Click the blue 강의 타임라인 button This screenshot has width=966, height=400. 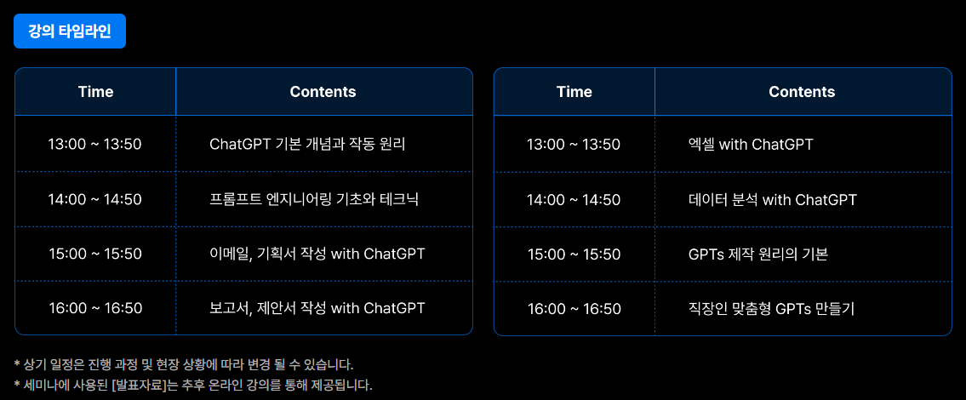[70, 31]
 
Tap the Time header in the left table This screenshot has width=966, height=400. [95, 92]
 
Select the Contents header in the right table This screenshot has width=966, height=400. [802, 92]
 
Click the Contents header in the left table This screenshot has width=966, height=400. [323, 92]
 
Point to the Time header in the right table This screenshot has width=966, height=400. [574, 92]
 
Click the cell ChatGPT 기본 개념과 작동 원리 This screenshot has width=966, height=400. [307, 145]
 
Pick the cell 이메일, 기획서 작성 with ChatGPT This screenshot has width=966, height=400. [317, 254]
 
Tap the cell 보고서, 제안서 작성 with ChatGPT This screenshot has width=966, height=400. [317, 308]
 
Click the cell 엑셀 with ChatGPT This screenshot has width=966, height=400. [751, 145]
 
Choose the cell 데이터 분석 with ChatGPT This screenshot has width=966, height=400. [772, 200]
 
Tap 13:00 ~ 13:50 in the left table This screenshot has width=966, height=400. [94, 145]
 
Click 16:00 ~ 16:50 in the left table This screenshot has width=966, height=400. [95, 308]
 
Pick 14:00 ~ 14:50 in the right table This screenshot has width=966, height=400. [574, 200]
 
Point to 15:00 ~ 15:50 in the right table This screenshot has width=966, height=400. [574, 254]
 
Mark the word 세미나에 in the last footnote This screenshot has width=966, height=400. [41, 386]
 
